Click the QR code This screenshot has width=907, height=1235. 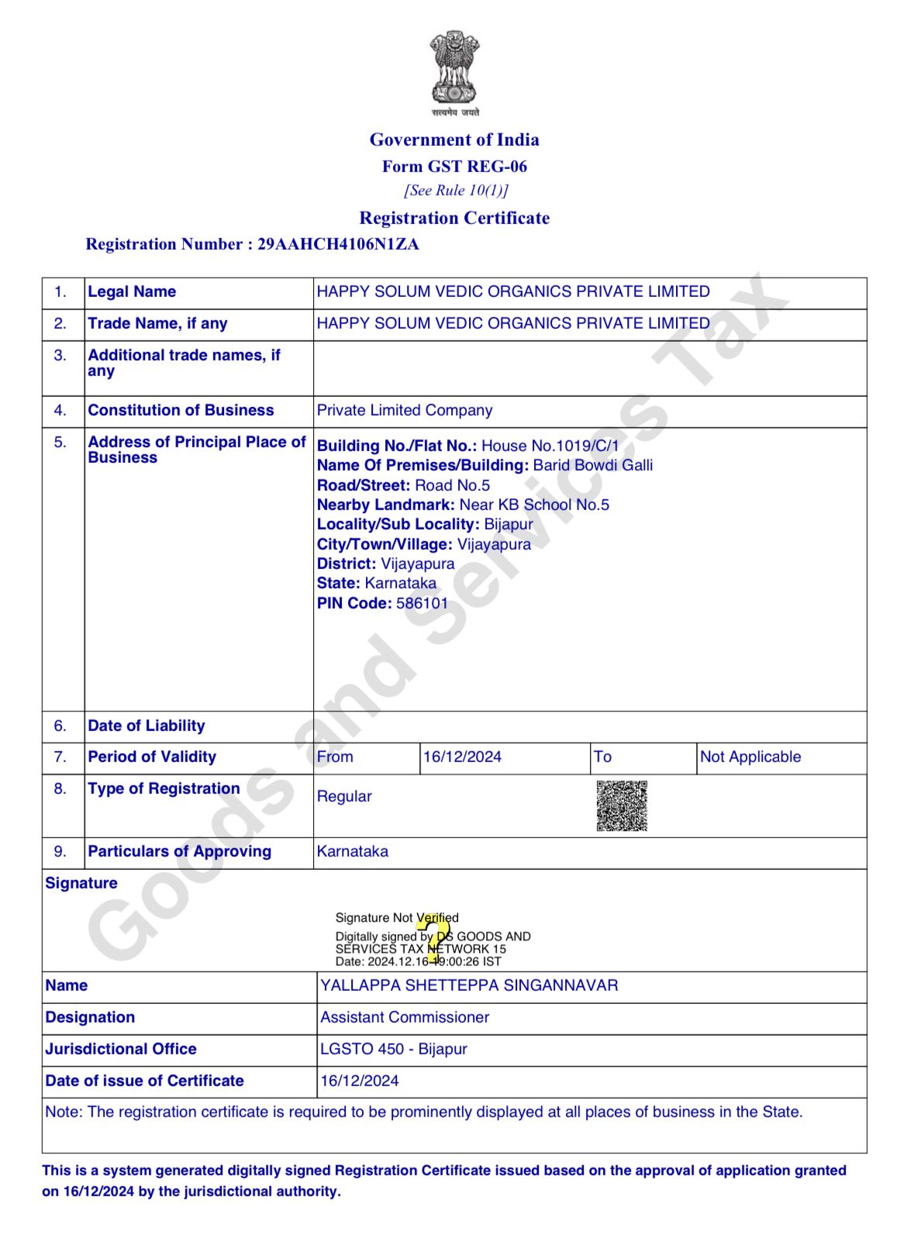coord(622,806)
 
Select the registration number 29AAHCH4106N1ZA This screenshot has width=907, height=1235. coord(338,244)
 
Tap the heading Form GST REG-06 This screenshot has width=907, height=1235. coord(454,166)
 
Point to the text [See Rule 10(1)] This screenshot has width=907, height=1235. coord(456,190)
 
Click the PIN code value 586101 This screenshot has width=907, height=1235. coord(422,603)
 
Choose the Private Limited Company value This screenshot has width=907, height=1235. coord(405,410)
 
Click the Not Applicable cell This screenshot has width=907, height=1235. coord(750,757)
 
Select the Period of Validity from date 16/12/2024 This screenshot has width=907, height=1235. coord(462,757)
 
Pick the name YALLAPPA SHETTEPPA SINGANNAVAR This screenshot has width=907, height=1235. coord(469,985)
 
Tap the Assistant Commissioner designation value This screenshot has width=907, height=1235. coord(405,1017)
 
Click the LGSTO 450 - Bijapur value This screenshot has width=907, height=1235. coord(394,1049)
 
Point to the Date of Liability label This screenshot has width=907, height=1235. coord(147,726)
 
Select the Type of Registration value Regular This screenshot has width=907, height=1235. coord(344,796)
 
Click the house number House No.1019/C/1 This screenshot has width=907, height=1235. coord(550,446)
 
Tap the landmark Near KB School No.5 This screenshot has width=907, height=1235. coord(534,505)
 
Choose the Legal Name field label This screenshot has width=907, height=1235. coord(132,292)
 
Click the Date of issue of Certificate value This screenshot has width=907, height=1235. coord(360,1081)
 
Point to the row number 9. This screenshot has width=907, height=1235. coord(60,851)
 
